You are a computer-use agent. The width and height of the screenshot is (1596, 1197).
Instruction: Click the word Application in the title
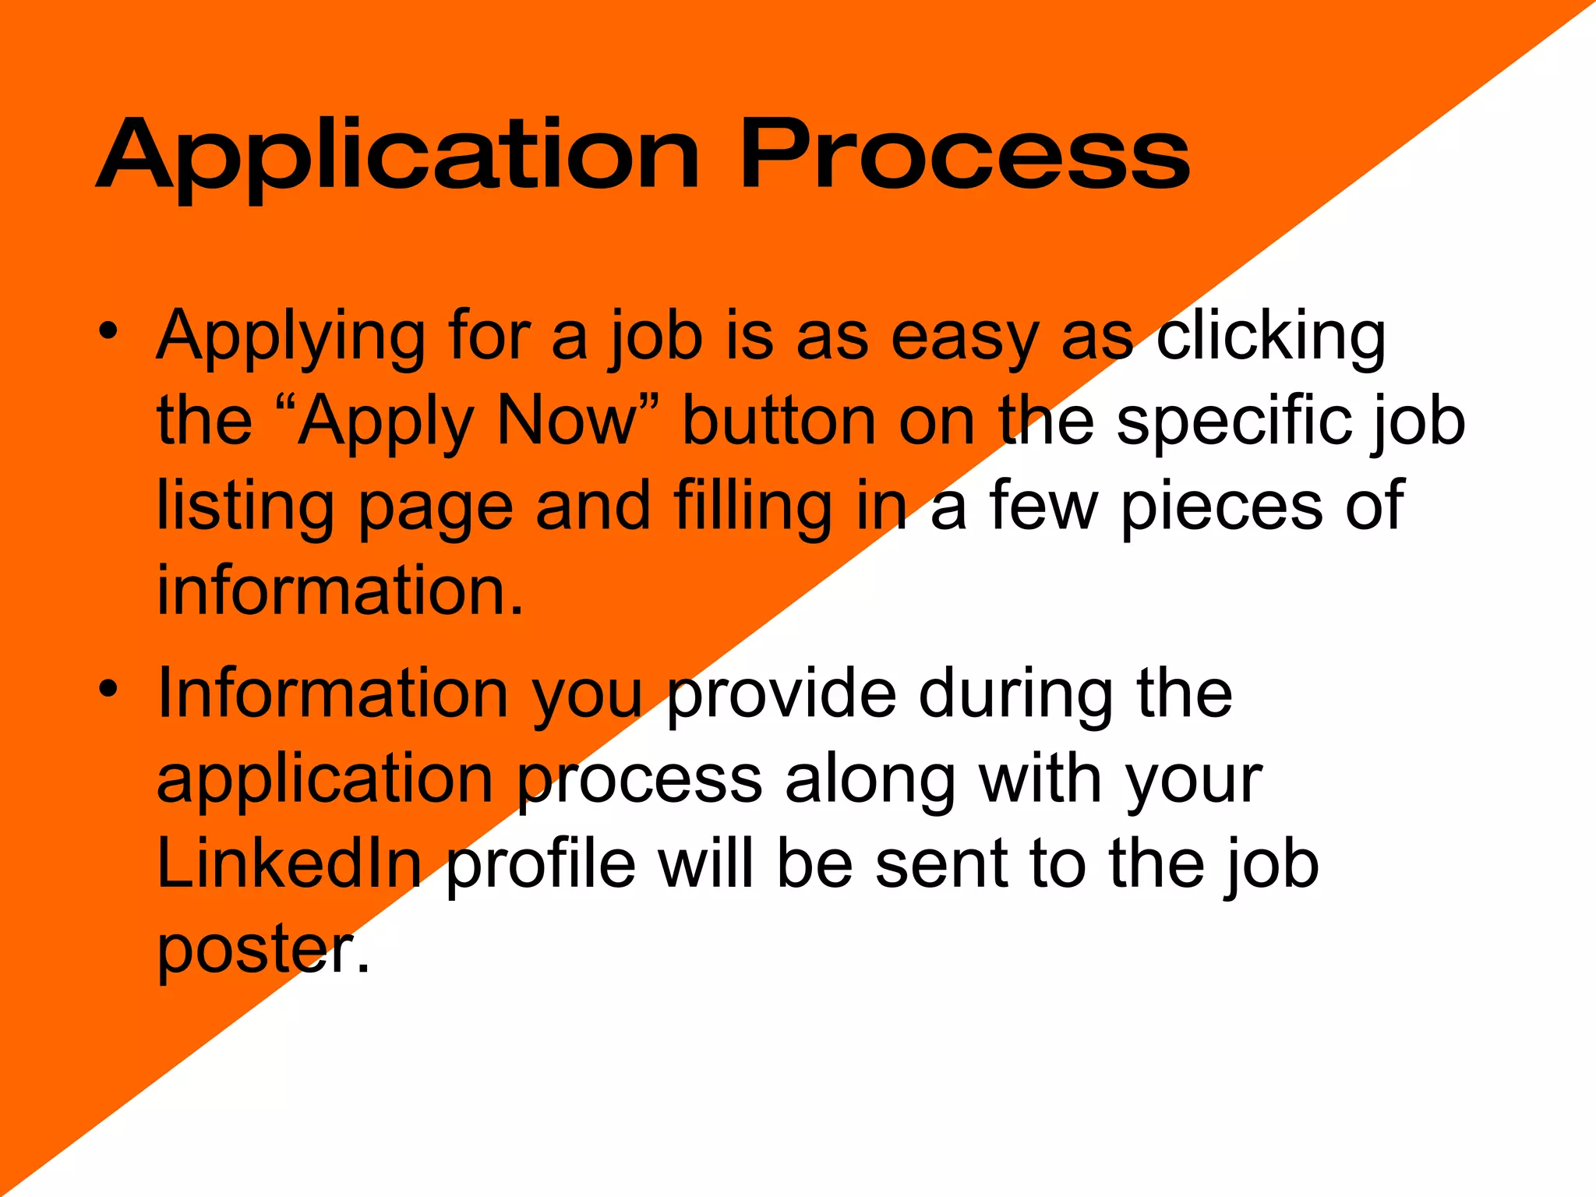pyautogui.click(x=397, y=156)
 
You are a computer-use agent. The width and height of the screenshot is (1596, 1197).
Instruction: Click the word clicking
pyautogui.click(x=1270, y=339)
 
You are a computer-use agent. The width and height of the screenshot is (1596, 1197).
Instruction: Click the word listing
pyautogui.click(x=245, y=507)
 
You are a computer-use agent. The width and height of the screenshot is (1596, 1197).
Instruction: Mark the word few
pyautogui.click(x=1044, y=507)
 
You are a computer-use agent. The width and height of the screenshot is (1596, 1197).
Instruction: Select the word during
pyautogui.click(x=1017, y=695)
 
